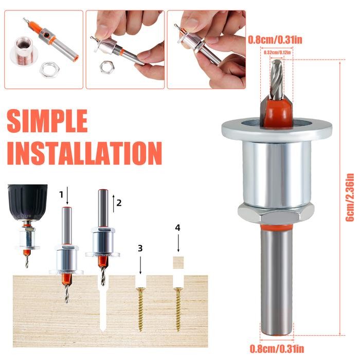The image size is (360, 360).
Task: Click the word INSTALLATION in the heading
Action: point(84,153)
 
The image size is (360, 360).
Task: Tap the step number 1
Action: point(61,194)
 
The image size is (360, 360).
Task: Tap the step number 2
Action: point(119,202)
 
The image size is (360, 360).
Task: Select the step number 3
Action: point(140,248)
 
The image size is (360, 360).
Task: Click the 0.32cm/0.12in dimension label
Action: point(277,52)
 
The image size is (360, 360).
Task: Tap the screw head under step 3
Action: point(140,290)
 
